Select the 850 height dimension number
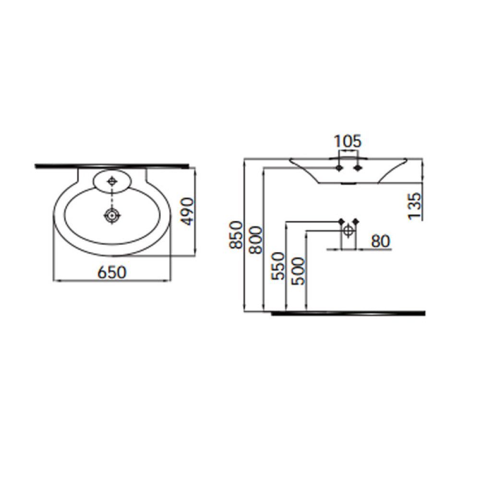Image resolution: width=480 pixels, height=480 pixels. click(236, 235)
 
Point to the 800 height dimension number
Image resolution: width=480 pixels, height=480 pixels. click(256, 240)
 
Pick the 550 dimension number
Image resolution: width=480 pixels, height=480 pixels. click(278, 266)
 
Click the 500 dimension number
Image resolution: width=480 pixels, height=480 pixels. click(299, 271)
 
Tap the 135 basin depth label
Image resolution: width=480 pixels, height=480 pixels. click(415, 206)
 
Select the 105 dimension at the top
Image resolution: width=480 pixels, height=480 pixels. click(348, 142)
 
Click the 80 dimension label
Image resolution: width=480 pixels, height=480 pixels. click(381, 241)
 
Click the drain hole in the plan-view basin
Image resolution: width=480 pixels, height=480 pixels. click(112, 216)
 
